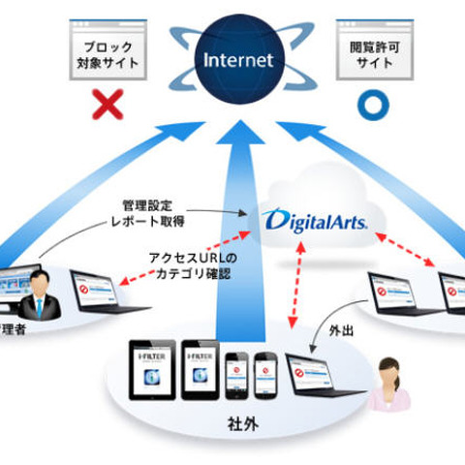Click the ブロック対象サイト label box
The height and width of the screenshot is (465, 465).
coord(108,53)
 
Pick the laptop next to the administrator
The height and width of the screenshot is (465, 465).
coord(99,295)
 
